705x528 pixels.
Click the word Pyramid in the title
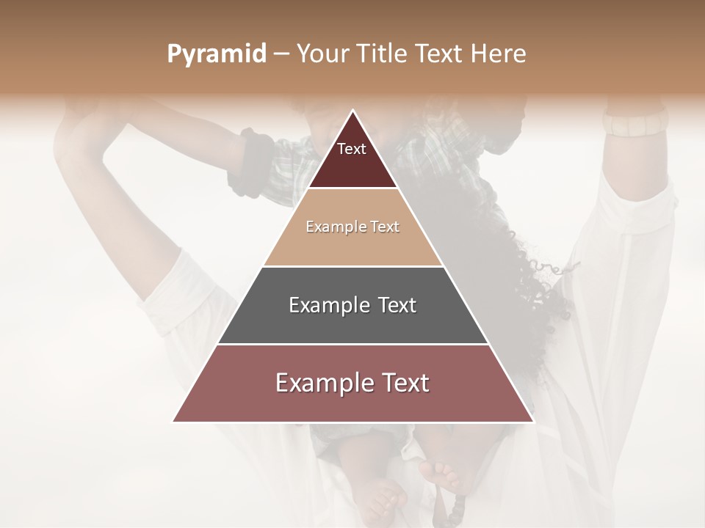pyautogui.click(x=216, y=54)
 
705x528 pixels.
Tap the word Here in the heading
pyautogui.click(x=499, y=54)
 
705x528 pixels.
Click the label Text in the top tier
pyautogui.click(x=352, y=150)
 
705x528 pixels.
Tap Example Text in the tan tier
pyautogui.click(x=352, y=227)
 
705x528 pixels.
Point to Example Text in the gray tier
pyautogui.click(x=352, y=305)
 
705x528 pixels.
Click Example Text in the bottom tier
pyautogui.click(x=352, y=383)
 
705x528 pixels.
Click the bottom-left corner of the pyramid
pyautogui.click(x=173, y=421)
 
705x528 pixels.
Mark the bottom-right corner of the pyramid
pyautogui.click(x=533, y=421)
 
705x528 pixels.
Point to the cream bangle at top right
pyautogui.click(x=633, y=122)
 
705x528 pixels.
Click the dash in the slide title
pyautogui.click(x=281, y=54)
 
